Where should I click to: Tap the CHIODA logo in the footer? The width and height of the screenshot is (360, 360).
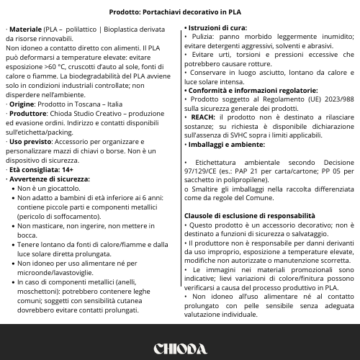point(179,348)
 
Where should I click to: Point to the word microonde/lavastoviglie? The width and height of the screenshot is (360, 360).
point(54,272)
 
